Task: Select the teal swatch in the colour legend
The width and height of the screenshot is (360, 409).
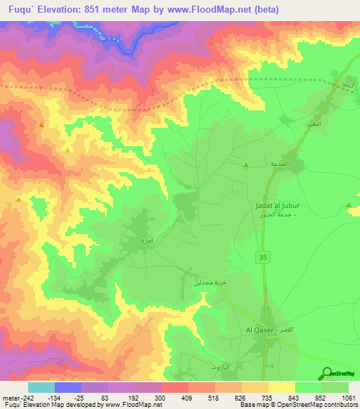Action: [x=41, y=387]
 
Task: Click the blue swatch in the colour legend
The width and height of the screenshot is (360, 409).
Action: [x=68, y=387]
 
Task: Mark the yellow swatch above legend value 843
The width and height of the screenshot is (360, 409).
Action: [x=282, y=387]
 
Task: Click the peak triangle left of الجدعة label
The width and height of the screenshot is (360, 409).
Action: [x=246, y=165]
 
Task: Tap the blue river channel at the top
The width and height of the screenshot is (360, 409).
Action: [x=127, y=46]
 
